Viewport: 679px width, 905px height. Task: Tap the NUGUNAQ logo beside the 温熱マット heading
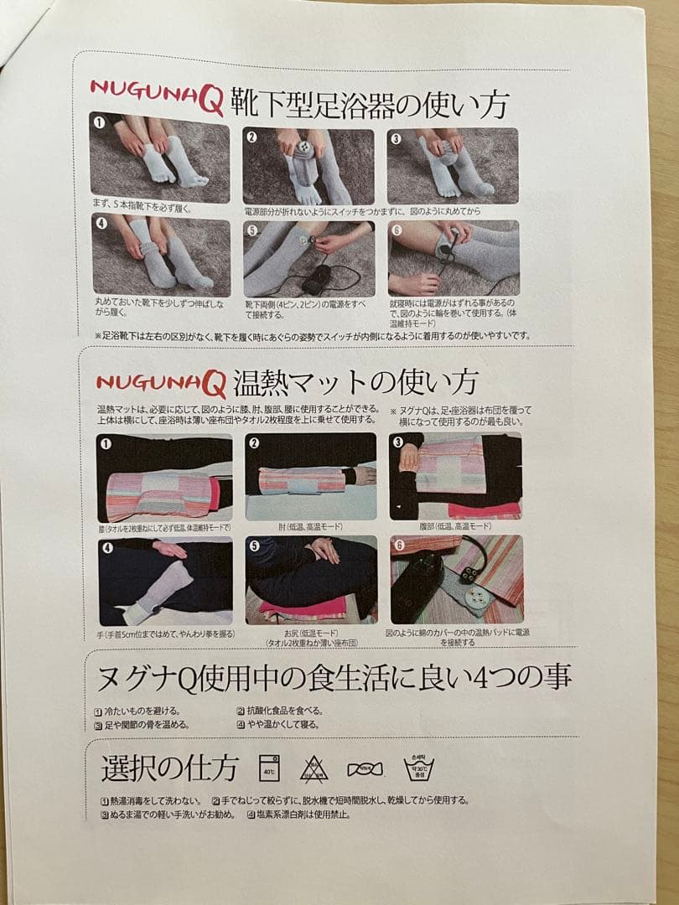coord(160,384)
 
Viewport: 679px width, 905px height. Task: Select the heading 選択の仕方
coord(170,768)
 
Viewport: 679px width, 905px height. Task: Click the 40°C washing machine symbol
coord(269,767)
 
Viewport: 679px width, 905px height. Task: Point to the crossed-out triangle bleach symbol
coord(314,768)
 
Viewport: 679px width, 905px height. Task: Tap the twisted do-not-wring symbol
coord(365,768)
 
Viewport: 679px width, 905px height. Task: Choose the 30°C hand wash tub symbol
coord(418,767)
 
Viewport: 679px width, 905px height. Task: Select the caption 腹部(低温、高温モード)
coord(454,526)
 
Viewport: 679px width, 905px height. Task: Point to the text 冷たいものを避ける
coord(141,711)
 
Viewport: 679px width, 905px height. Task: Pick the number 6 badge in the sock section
coord(397,229)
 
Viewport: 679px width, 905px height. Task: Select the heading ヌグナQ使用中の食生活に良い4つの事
coord(334,676)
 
